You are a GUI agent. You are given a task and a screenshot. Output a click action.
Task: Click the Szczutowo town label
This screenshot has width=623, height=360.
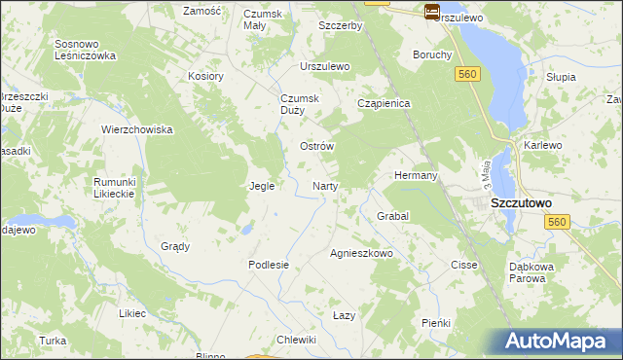coord(521,202)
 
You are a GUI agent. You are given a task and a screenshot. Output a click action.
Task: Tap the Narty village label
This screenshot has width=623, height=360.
coord(324,185)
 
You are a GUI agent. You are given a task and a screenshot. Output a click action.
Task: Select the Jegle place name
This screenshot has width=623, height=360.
coord(262,185)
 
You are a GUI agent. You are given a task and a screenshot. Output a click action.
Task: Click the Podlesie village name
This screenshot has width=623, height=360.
coord(269,265)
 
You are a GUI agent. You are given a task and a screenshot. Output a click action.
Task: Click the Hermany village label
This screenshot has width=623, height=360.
coord(416,175)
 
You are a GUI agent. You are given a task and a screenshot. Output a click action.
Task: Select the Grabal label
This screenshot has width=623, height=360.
coord(392,215)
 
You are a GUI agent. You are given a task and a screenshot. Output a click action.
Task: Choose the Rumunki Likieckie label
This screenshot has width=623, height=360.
coord(120,188)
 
